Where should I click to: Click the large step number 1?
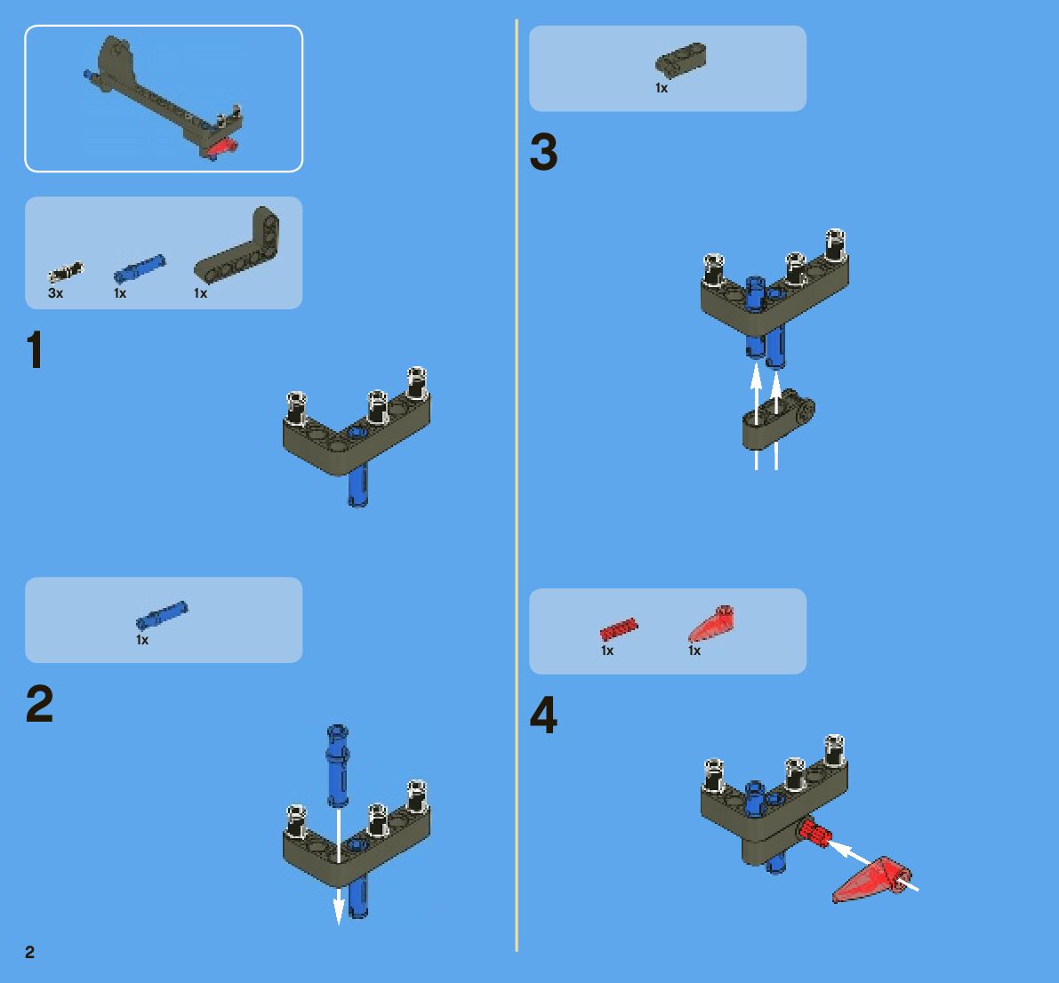(x=35, y=349)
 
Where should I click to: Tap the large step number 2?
(x=39, y=704)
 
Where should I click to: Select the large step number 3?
(x=543, y=152)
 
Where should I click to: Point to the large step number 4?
(x=543, y=715)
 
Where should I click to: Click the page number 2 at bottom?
(x=29, y=952)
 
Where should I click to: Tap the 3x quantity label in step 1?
(x=55, y=293)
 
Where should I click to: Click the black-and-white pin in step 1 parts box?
(x=66, y=271)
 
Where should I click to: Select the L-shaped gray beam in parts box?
(x=237, y=245)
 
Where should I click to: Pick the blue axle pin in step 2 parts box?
(x=162, y=615)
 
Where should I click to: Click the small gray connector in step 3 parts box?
(x=681, y=60)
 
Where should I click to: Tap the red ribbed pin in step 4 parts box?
(x=619, y=628)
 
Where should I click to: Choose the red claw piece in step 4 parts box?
(x=712, y=622)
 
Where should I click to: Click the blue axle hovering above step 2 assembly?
(x=338, y=765)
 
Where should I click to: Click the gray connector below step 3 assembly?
(x=778, y=420)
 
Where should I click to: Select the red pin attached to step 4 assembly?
(x=814, y=833)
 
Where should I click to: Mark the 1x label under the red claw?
(x=694, y=651)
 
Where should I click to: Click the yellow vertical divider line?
(x=517, y=484)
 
